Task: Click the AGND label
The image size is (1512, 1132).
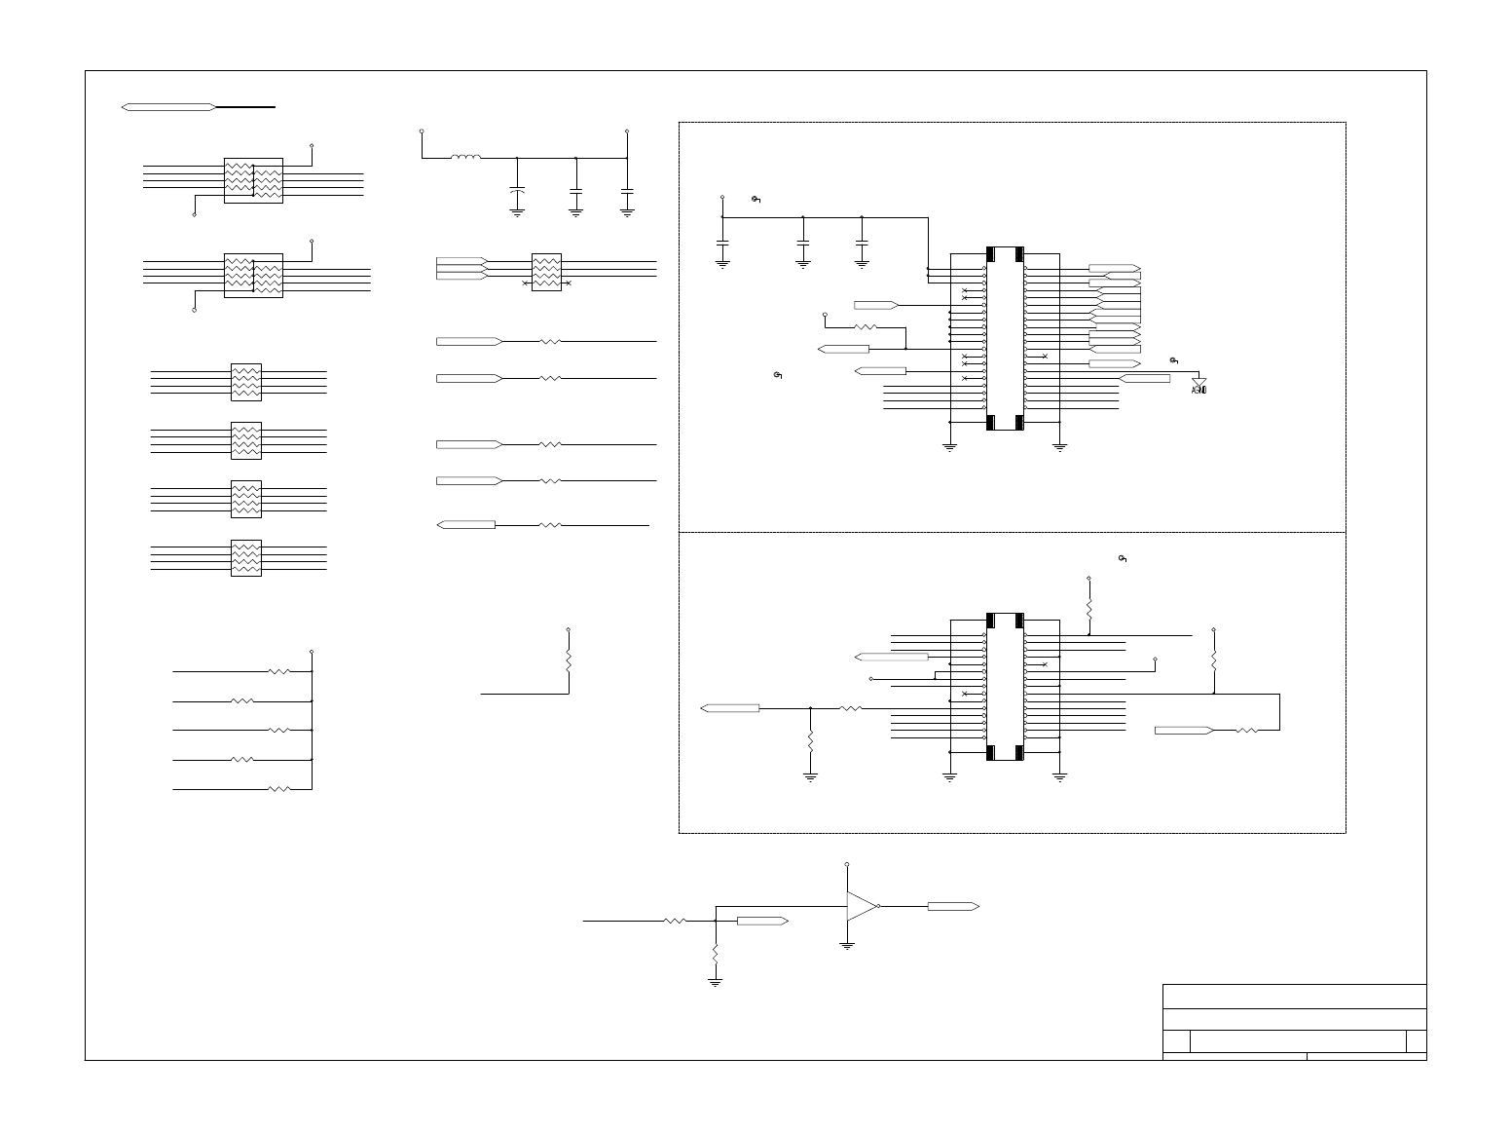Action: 1199,391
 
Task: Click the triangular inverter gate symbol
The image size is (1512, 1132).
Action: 862,906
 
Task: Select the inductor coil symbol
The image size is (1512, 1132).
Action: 465,156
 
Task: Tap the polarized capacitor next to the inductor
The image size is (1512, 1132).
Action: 517,192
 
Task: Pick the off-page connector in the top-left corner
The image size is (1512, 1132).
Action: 168,106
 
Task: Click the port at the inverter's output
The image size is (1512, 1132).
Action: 952,906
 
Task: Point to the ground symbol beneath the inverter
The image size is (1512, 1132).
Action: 847,944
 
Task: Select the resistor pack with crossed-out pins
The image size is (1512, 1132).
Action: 547,270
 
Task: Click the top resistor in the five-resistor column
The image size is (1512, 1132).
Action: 278,671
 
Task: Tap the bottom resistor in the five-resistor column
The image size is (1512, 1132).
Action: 278,788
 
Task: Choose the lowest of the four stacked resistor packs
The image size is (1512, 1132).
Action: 245,558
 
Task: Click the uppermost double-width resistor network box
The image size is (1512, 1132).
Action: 253,180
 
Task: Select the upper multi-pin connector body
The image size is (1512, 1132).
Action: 1005,339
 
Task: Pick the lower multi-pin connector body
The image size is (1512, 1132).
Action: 1005,687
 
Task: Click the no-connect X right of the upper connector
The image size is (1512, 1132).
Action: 1045,357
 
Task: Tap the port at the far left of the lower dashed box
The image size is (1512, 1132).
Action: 730,708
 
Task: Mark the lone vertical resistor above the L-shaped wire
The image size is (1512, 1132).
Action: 569,660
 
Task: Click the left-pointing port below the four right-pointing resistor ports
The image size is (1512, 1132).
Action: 468,525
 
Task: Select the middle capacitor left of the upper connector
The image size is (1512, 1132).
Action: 802,240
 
